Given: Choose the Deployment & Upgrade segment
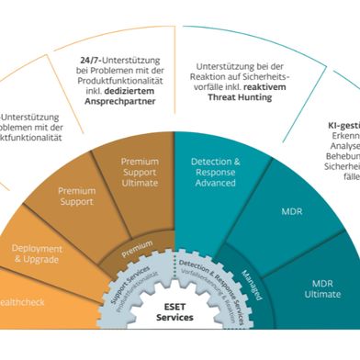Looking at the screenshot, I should point(38,254).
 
